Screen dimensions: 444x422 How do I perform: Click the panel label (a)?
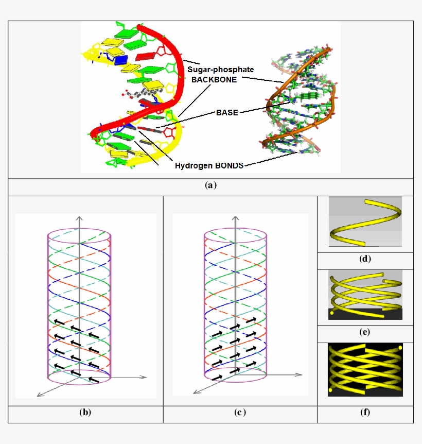point(210,186)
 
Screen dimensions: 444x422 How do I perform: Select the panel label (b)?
point(85,412)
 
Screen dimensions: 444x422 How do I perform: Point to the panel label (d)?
point(365,259)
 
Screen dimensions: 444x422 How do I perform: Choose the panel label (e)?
point(365,332)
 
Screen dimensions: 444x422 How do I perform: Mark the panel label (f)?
point(365,412)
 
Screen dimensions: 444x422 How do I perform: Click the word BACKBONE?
point(214,80)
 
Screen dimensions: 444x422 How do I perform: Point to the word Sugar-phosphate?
point(220,70)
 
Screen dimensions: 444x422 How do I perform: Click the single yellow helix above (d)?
point(365,223)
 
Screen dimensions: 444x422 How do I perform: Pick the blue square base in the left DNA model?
point(121,60)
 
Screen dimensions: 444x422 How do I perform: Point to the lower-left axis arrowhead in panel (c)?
point(195,392)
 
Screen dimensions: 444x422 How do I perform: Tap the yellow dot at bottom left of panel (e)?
point(331,312)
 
